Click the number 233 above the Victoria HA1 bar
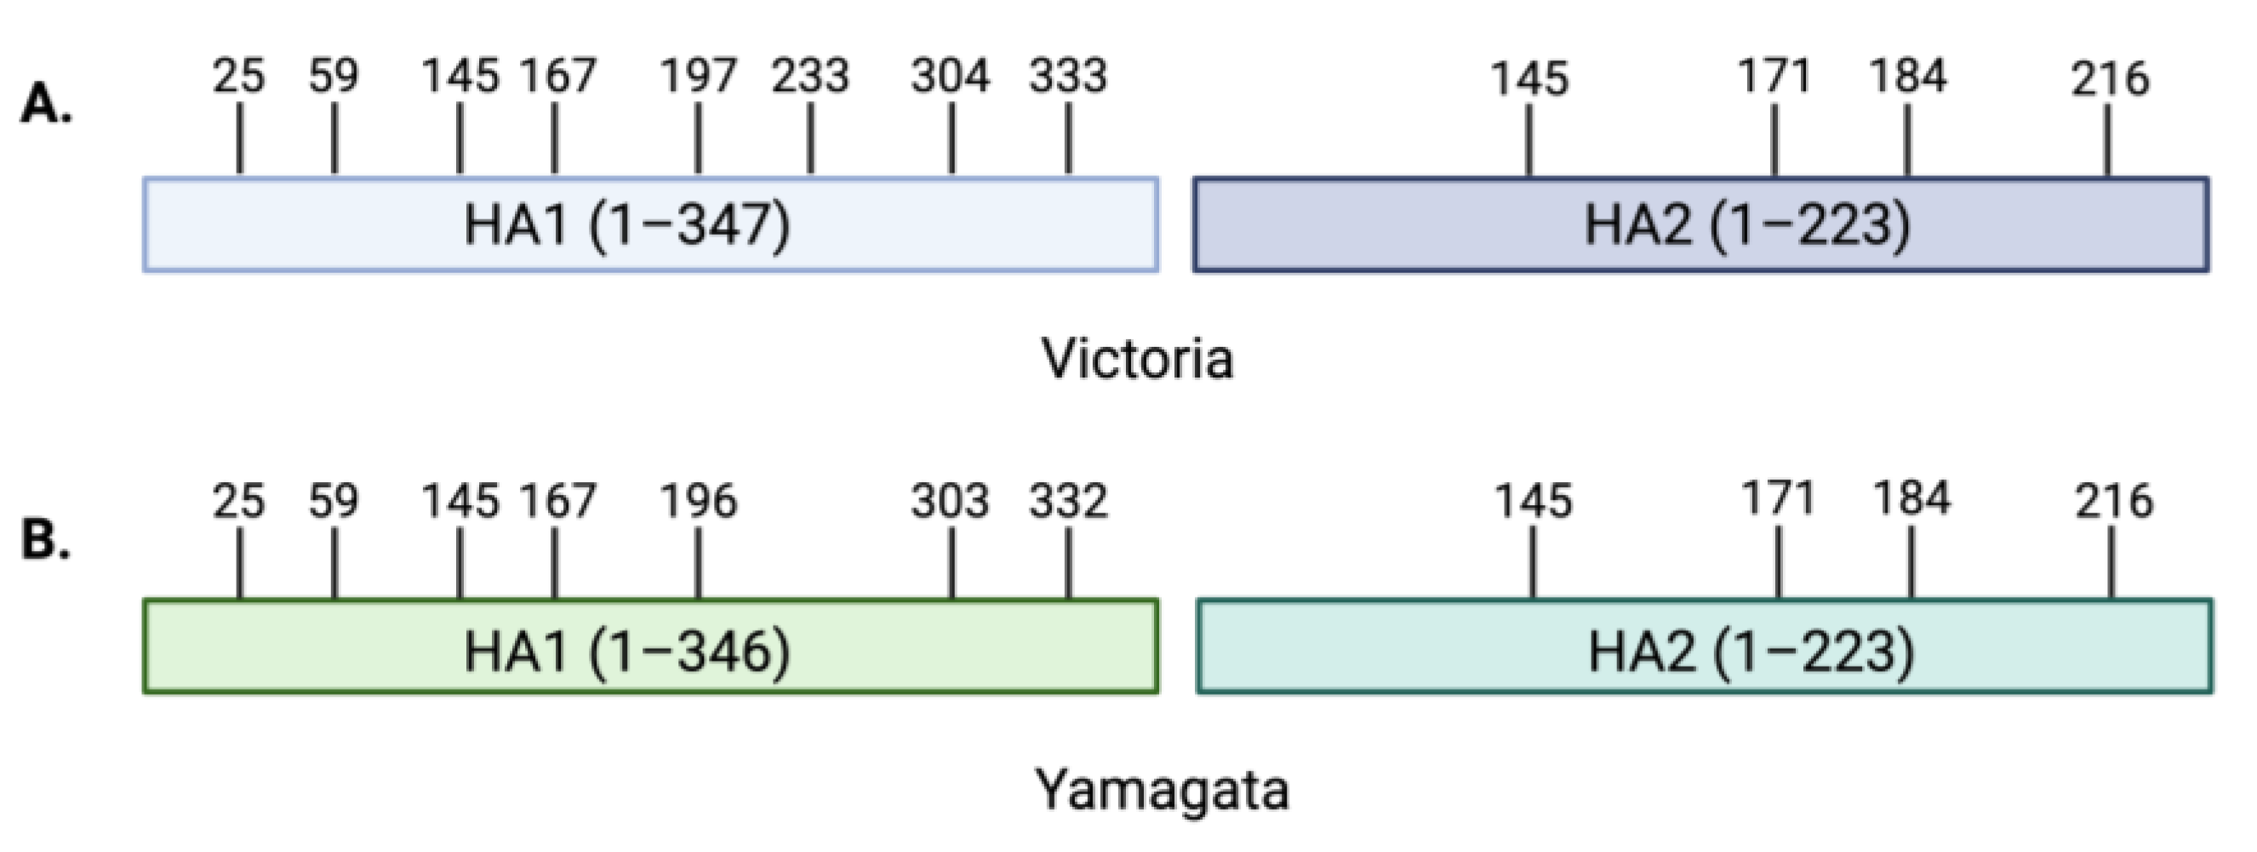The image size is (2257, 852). [809, 77]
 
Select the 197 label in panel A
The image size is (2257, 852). [699, 77]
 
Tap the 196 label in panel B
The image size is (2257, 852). [699, 503]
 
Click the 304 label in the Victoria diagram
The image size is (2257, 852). [950, 77]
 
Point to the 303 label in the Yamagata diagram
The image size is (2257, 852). [950, 503]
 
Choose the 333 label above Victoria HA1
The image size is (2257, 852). [1068, 77]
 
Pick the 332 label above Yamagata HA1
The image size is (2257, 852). [1068, 503]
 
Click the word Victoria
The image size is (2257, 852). [1137, 360]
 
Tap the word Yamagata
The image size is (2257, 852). [1162, 790]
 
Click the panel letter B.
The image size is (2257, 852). [46, 539]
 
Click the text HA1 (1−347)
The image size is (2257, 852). [627, 225]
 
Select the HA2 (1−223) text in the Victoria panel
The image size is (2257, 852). [1747, 225]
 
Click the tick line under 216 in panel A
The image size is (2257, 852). [2108, 140]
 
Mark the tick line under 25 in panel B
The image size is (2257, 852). [240, 565]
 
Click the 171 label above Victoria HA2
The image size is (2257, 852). [1774, 77]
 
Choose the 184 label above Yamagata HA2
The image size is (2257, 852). [1911, 500]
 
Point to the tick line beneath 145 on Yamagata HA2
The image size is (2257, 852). [1533, 565]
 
